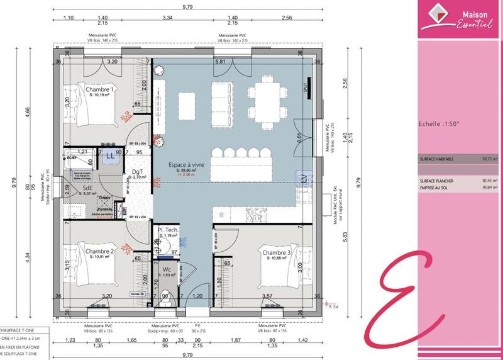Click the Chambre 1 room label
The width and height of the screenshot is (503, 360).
[x=99, y=90]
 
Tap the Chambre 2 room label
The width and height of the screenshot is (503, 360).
[x=99, y=251]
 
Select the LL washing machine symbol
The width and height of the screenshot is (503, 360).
[x=110, y=155]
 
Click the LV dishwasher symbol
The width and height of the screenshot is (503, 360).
[x=304, y=179]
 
